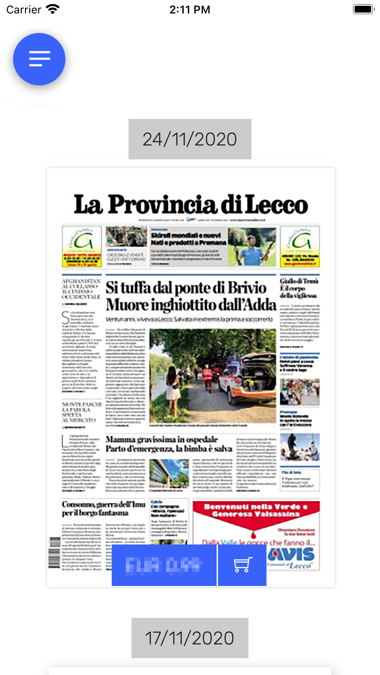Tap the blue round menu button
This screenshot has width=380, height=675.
coord(39,59)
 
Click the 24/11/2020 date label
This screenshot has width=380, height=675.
coord(190,139)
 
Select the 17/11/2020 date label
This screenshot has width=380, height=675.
coord(190,638)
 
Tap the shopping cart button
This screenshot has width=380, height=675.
coord(242,565)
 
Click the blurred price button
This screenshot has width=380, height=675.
coord(164,565)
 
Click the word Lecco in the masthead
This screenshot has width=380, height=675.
coord(277,205)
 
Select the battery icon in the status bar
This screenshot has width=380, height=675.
coord(363,9)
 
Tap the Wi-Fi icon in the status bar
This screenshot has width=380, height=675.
coord(53,9)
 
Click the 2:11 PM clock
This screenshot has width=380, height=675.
coord(190,10)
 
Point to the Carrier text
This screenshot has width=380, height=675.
coord(24,10)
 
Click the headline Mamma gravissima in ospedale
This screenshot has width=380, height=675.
coord(162,440)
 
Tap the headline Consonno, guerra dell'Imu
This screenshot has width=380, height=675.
coord(103,504)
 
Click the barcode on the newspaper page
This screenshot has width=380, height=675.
coord(55,553)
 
